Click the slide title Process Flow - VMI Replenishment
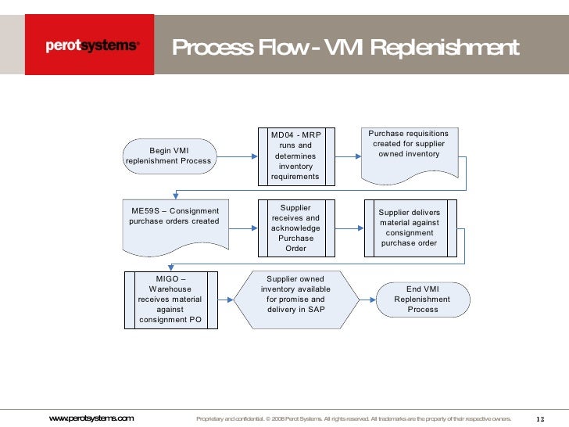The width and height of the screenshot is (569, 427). coord(345,48)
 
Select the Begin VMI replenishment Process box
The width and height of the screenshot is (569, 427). coord(168,156)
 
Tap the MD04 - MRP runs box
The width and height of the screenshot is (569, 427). coord(295,155)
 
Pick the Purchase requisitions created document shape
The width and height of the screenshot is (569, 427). coord(409,153)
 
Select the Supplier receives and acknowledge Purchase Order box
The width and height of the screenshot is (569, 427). coord(295,228)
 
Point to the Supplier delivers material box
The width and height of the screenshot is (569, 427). coord(409,227)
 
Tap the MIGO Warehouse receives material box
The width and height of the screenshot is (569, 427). coord(170,299)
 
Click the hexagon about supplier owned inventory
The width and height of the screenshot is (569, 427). coord(295,299)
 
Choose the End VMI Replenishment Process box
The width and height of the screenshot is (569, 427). coord(422,299)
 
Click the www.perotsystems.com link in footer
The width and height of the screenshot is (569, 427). coord(91,418)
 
